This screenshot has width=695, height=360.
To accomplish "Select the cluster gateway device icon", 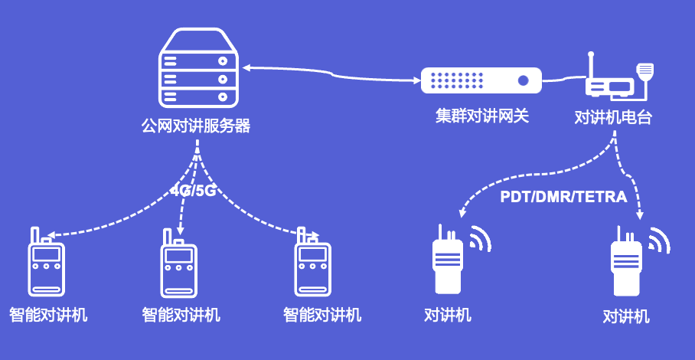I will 481,80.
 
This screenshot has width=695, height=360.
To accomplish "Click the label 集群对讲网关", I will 482,116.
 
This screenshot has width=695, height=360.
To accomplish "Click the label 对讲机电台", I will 613,118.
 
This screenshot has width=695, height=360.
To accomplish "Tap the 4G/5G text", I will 193,190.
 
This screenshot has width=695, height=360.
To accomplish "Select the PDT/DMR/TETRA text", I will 563,197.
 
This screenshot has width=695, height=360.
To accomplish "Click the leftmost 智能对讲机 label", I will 48,314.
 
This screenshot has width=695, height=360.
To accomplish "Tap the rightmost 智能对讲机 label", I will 322,314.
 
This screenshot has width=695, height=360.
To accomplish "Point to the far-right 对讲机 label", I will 626,316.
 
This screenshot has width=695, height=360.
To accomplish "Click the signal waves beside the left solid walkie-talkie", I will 480,239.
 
